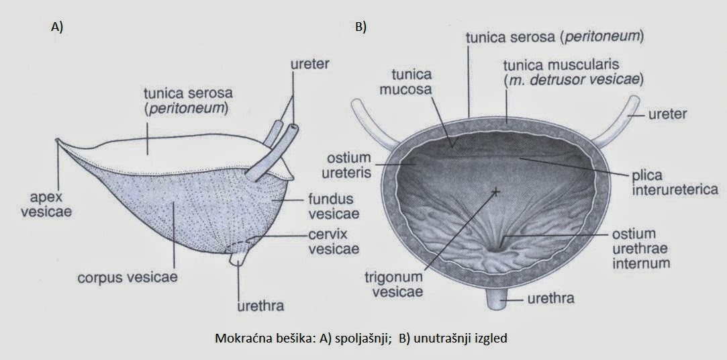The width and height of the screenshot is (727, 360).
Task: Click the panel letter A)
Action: point(56,28)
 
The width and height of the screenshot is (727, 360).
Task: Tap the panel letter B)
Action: point(360,28)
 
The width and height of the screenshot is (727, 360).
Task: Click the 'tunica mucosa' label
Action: point(412,83)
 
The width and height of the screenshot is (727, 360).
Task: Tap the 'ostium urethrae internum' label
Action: point(640,249)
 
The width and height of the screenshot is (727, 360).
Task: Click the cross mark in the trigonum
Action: point(496,192)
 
